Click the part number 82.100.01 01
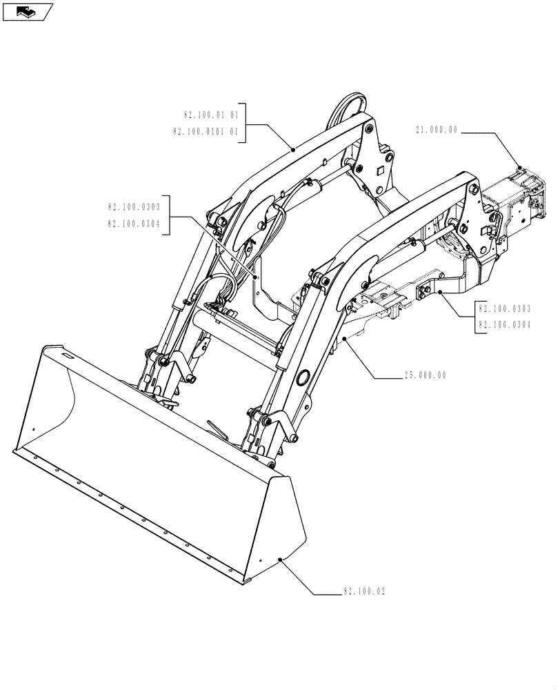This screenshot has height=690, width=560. pos(211,115)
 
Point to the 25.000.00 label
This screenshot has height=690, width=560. pos(425,375)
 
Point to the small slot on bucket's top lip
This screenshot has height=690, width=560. pos(68,355)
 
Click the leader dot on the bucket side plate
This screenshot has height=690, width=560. pos(279,560)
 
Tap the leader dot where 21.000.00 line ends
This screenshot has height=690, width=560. pos(519,167)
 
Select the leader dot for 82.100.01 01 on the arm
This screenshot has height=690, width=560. pos(294,148)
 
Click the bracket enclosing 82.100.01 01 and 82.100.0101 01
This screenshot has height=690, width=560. pos(243,123)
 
